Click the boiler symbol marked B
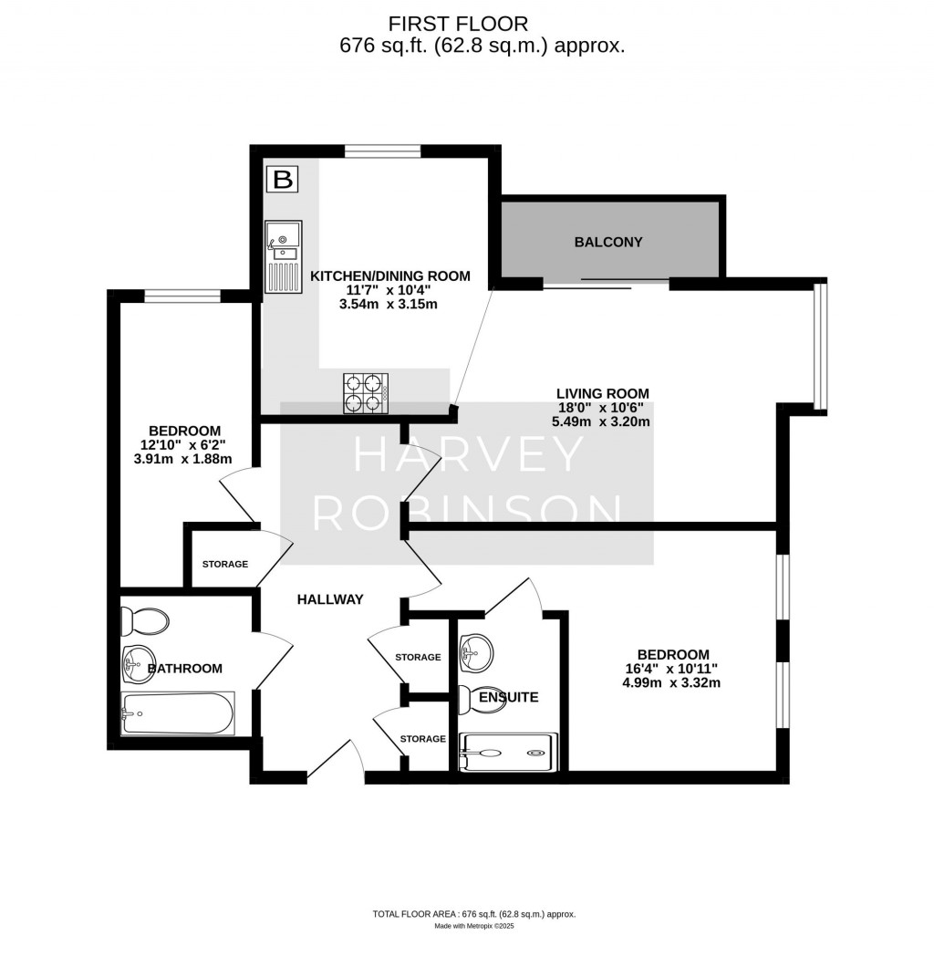pos(283,179)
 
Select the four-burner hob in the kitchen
pos(365,393)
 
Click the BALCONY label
pos(608,242)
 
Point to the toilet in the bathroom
pos(146,622)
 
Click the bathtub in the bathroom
pos(178,712)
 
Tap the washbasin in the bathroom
pos(140,660)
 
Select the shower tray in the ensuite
pos(505,752)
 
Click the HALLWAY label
pos(330,599)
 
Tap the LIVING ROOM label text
pos(603,394)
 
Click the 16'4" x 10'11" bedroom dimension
pos(673,668)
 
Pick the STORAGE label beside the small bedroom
pos(224,564)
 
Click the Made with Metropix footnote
pos(474,926)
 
